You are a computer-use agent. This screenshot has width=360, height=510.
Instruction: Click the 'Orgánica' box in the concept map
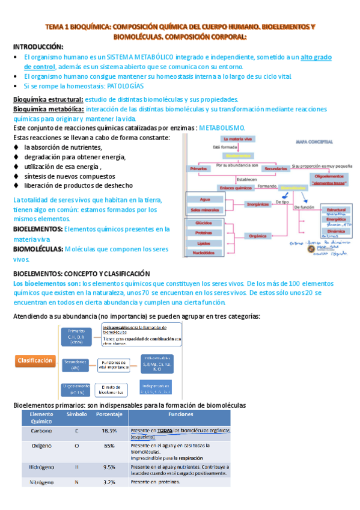click(258, 236)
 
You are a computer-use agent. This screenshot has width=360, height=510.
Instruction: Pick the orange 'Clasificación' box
click(35, 361)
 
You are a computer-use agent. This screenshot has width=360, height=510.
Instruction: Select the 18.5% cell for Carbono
click(109, 431)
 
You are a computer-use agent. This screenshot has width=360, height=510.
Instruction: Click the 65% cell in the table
click(109, 446)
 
